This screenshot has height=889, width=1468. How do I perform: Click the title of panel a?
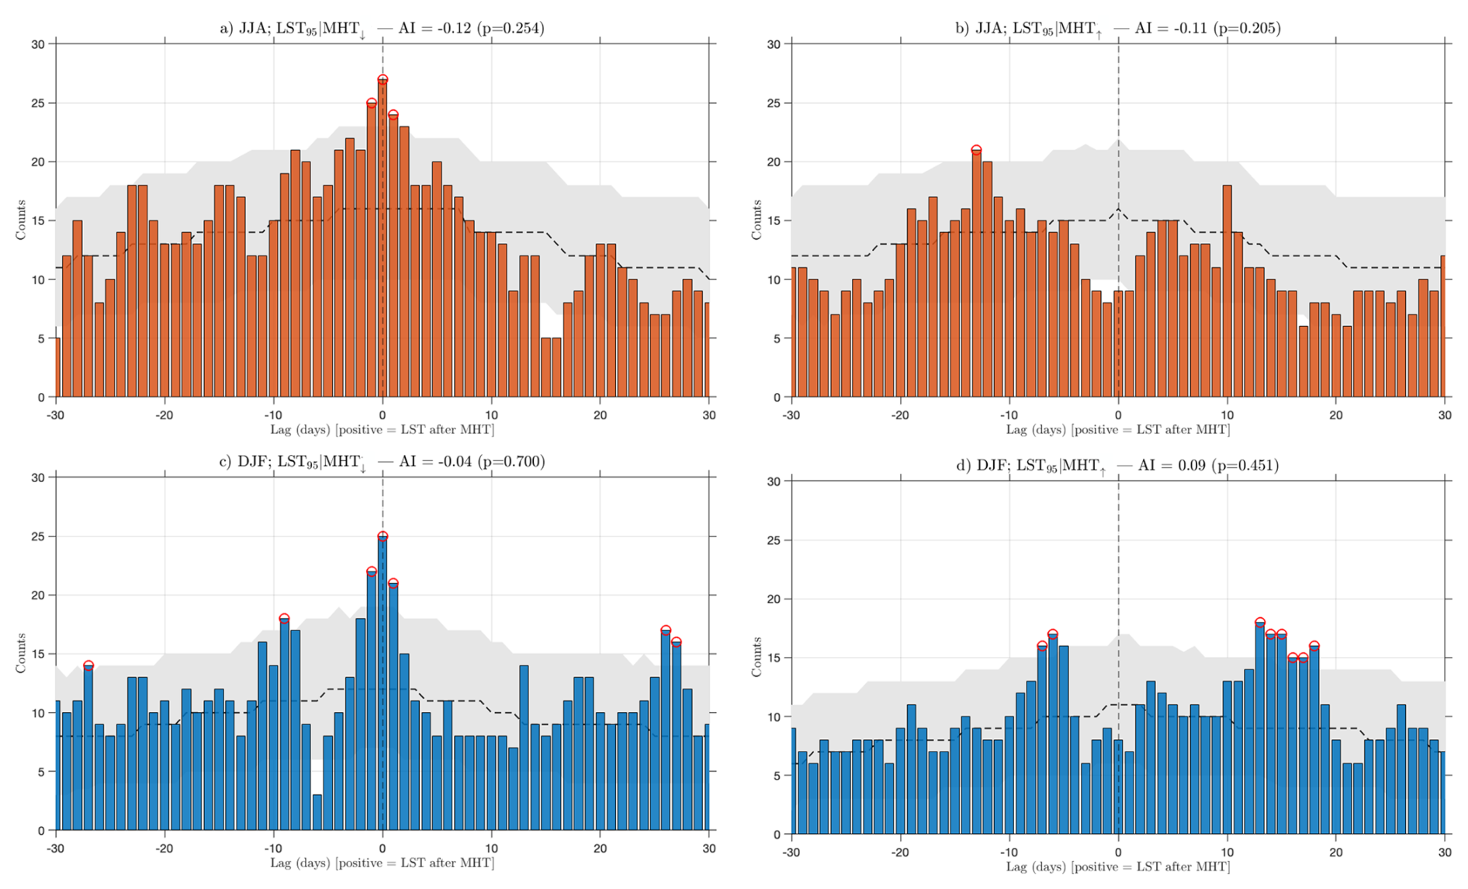[x=382, y=29]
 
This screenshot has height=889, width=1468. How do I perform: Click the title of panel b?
[x=1117, y=29]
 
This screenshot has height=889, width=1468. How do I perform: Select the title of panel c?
[x=382, y=462]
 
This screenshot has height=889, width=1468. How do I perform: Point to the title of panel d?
[x=1117, y=466]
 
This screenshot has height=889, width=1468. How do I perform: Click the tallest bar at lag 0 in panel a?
[x=383, y=241]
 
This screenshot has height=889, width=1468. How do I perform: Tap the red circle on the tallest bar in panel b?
[x=976, y=151]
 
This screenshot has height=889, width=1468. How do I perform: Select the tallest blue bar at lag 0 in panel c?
[x=383, y=683]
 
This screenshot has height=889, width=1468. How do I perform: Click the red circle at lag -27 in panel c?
[x=88, y=666]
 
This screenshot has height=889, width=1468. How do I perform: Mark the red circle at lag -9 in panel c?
[x=284, y=619]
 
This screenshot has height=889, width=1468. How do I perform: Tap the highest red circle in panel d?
[x=1259, y=623]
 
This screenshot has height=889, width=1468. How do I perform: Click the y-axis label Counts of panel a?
[x=21, y=221]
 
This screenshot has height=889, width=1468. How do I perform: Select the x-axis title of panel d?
[x=1117, y=866]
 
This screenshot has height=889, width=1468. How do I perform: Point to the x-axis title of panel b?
[x=1117, y=429]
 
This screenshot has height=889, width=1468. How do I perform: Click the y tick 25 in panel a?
[x=38, y=103]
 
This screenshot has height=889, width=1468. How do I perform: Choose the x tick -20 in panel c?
[x=164, y=848]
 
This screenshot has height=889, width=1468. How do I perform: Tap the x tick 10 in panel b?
[x=1227, y=415]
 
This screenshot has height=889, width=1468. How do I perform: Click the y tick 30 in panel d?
[x=774, y=481]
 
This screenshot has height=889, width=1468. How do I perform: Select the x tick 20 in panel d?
[x=1335, y=852]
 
